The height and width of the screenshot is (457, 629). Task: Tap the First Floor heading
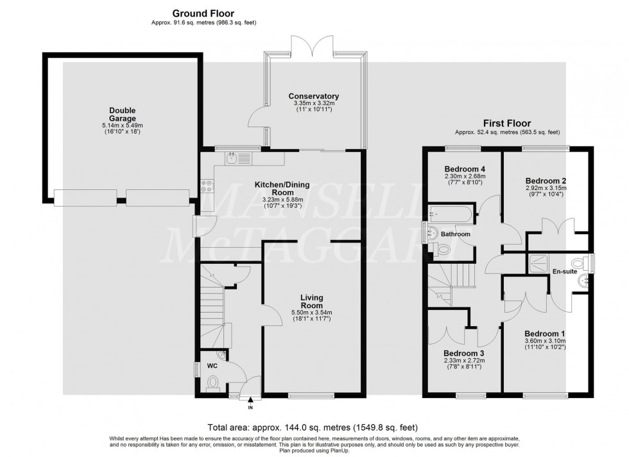tap(507, 123)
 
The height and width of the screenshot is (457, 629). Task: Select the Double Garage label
tap(122, 114)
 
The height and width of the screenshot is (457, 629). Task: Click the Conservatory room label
tap(314, 96)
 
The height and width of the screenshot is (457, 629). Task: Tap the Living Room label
tap(311, 301)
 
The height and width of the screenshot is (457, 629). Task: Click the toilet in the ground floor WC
tap(213, 384)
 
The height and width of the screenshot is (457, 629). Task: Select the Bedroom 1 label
tap(545, 333)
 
